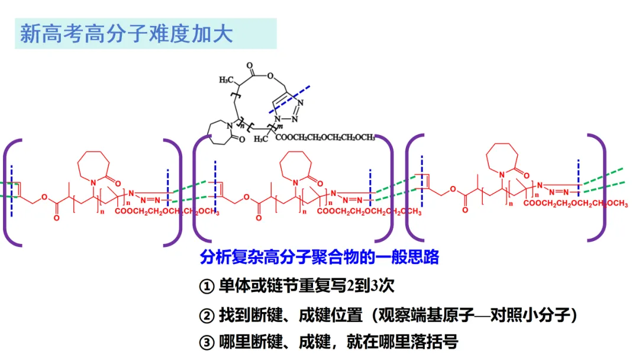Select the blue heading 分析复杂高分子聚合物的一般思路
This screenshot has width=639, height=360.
319,258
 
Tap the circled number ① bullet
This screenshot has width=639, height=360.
205,287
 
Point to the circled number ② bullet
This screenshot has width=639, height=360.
205,316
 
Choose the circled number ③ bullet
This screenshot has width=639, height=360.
205,342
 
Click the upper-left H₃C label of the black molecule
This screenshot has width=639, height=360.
225,79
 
